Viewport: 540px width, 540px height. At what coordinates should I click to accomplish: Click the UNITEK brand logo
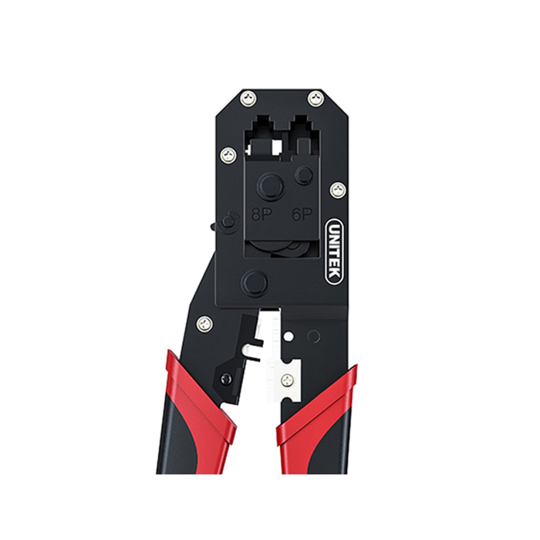click(x=334, y=251)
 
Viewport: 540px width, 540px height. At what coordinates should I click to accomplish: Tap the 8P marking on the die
click(x=262, y=215)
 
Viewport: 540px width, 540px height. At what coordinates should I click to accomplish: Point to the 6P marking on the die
click(x=302, y=214)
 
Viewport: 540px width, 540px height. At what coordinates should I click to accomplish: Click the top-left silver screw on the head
click(x=248, y=98)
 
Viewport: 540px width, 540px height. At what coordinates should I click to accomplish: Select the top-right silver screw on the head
click(x=315, y=99)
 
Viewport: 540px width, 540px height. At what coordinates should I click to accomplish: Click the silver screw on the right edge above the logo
click(x=339, y=190)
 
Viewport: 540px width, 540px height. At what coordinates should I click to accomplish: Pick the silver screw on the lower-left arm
click(x=204, y=323)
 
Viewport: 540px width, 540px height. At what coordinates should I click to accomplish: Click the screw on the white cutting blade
click(x=288, y=380)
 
